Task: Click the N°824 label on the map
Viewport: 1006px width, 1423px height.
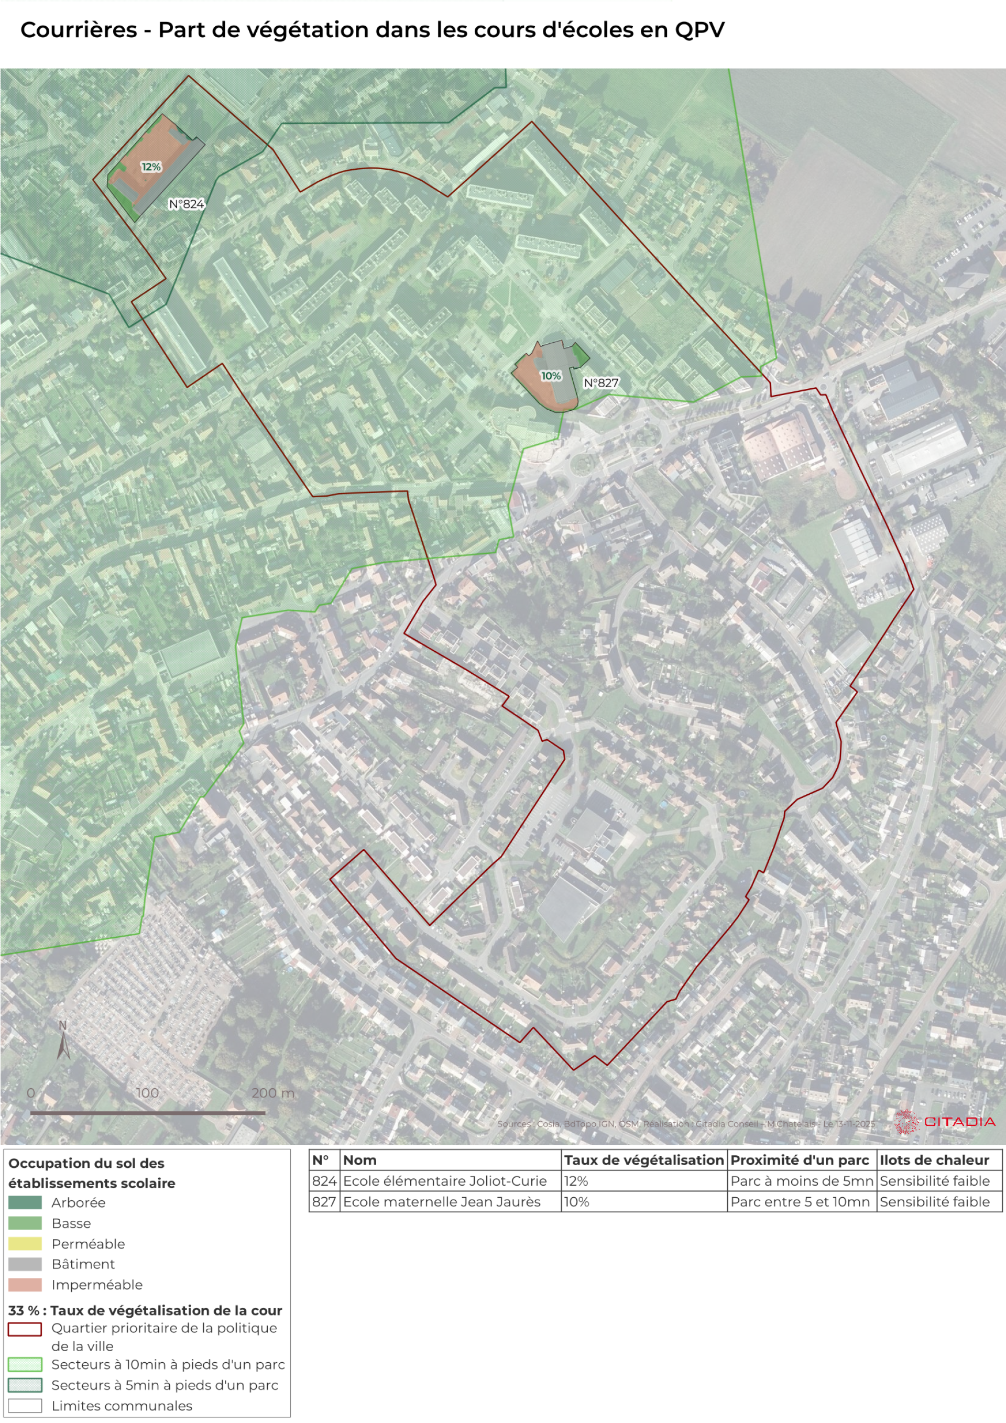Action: click(187, 204)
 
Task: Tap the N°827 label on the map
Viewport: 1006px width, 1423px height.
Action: click(600, 383)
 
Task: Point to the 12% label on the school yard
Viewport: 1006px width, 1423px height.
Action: click(150, 167)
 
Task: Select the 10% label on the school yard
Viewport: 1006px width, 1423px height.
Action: click(550, 376)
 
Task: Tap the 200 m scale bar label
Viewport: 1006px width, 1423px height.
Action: click(273, 1093)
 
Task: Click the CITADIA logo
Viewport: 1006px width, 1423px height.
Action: click(945, 1122)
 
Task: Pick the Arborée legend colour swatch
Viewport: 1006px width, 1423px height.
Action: click(25, 1203)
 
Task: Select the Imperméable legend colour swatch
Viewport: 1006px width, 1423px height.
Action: click(25, 1285)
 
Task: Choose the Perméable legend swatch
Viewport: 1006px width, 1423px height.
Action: click(25, 1244)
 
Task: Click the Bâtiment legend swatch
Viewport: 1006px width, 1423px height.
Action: click(25, 1264)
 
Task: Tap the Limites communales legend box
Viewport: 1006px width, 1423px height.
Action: click(25, 1406)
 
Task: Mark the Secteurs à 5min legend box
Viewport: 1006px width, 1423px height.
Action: click(25, 1385)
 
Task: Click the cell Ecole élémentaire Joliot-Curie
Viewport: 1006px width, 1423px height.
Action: click(444, 1180)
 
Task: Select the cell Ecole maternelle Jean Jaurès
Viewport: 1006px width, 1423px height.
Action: click(441, 1202)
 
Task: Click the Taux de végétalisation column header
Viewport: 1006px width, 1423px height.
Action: click(643, 1160)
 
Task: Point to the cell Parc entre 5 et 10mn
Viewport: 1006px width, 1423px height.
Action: click(800, 1202)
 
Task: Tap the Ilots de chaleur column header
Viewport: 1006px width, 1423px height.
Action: click(934, 1160)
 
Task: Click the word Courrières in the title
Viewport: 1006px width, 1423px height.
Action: click(79, 30)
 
